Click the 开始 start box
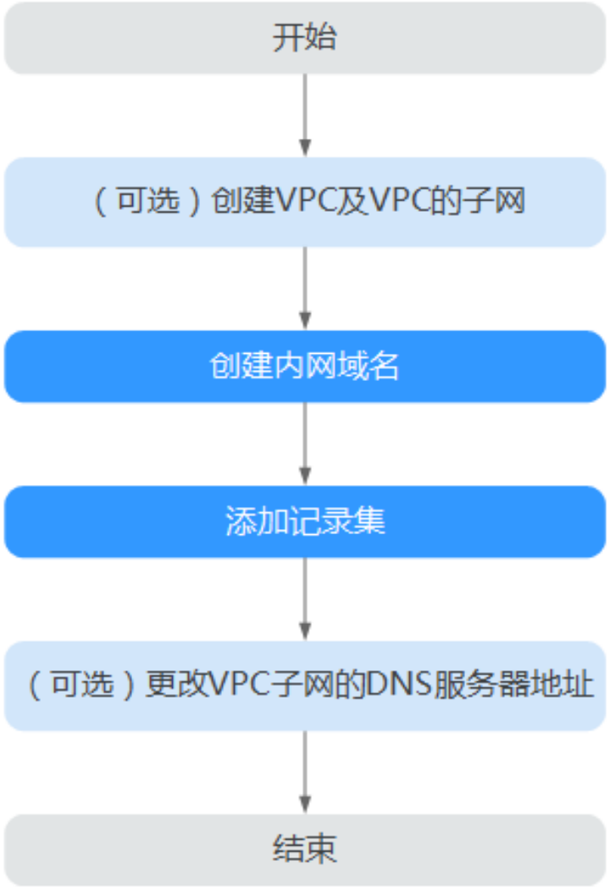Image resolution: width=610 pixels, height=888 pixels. click(x=305, y=38)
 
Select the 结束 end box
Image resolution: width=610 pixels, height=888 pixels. click(x=305, y=849)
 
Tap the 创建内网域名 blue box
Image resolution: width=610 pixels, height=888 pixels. click(x=305, y=367)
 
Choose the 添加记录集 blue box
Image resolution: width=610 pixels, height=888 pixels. click(x=305, y=521)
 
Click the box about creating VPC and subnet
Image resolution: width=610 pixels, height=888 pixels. click(x=305, y=202)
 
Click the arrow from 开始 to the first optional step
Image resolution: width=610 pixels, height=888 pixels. click(x=305, y=115)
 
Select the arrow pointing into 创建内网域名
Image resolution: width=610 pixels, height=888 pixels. click(x=305, y=289)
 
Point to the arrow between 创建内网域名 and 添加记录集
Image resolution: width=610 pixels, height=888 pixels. click(x=305, y=444)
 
